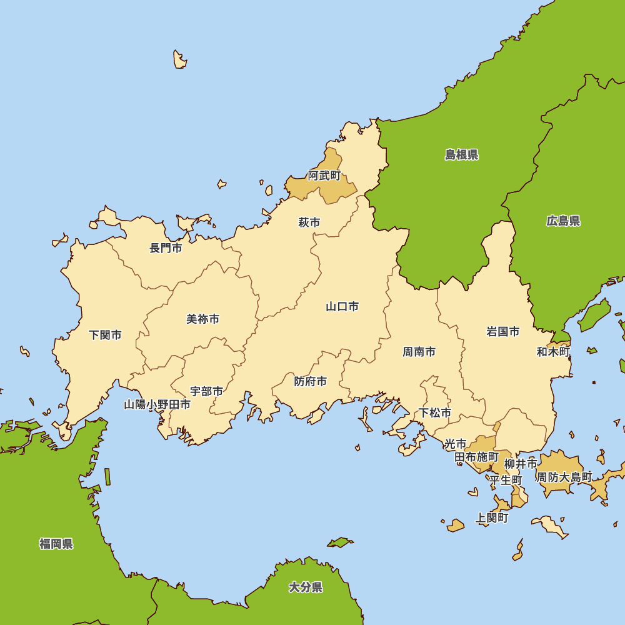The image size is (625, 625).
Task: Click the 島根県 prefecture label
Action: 462,155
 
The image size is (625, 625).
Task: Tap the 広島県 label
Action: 563,221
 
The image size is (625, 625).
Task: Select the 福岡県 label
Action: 56,544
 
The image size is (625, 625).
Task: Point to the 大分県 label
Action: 306,587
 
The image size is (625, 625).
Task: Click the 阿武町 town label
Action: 324,176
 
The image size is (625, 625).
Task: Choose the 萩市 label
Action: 309,222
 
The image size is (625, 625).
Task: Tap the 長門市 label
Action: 166,248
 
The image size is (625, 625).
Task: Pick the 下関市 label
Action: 105,335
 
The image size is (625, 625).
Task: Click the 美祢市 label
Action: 203,319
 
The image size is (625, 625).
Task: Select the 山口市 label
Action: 342,307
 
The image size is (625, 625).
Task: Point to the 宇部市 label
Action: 206,392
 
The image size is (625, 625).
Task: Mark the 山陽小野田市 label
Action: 157,404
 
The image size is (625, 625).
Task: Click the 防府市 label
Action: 311,381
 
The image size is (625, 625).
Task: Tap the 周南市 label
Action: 419,352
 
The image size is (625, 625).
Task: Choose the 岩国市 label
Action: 502,332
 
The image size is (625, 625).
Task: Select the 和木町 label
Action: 553,352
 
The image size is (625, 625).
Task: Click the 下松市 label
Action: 435,413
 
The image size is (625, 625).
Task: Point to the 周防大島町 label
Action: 564,477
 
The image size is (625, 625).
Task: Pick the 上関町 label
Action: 492,518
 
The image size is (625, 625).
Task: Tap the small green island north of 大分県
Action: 340,542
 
